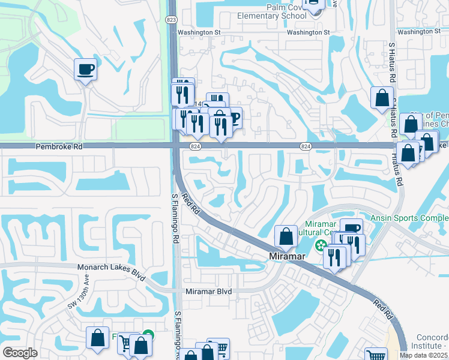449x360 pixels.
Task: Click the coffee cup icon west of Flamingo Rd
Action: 85,70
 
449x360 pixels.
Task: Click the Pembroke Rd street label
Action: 58,146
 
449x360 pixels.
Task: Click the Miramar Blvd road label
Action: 208,291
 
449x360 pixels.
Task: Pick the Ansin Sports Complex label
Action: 409,218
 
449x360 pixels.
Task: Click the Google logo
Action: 20,353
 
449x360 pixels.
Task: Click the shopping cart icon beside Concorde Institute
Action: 376,355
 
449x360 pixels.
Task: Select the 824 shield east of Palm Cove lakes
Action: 306,146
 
